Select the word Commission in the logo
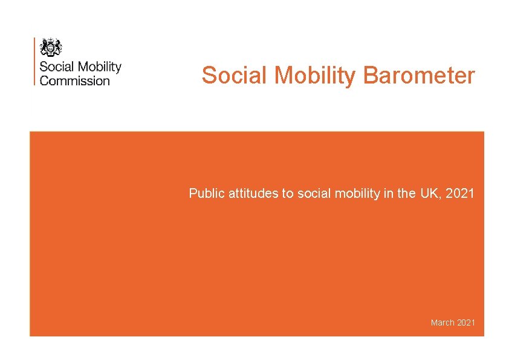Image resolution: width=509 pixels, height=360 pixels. point(74,80)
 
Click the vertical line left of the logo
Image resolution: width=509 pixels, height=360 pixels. point(35,61)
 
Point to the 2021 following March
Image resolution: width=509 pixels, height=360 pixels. point(466,322)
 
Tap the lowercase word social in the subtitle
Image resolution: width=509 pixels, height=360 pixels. point(311,194)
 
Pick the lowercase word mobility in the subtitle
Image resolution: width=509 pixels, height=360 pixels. point(351,194)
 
